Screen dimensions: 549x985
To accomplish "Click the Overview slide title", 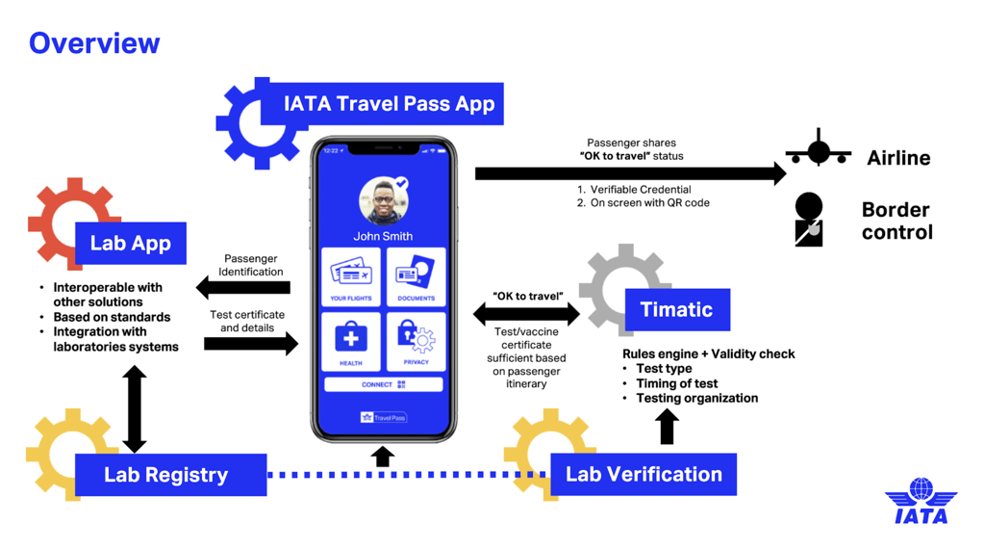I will click(94, 43).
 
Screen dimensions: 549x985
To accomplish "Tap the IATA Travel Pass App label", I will click(389, 104).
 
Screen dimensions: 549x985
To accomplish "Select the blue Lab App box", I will click(130, 244).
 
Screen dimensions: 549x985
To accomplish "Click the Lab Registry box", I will click(166, 475).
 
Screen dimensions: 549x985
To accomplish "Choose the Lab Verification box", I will click(644, 474).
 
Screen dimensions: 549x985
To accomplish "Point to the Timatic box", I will click(677, 309).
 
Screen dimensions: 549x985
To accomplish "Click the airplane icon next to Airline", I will click(818, 150).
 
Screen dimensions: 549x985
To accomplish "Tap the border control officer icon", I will click(809, 219).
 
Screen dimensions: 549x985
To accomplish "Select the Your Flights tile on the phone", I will click(351, 277).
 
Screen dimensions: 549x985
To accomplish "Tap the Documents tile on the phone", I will click(416, 277).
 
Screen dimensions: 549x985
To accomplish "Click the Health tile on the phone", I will click(351, 342).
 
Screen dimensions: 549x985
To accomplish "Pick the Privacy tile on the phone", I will click(416, 342).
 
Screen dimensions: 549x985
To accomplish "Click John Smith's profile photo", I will click(384, 200).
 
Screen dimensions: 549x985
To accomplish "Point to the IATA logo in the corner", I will click(921, 502).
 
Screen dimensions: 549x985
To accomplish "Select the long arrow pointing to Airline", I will click(630, 173).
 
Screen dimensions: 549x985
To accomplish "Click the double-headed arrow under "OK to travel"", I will click(526, 313).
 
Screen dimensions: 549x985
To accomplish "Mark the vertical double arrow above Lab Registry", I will click(135, 409).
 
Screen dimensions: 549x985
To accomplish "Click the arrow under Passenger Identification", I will click(242, 287).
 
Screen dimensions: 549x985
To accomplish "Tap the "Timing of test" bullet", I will click(677, 383).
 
